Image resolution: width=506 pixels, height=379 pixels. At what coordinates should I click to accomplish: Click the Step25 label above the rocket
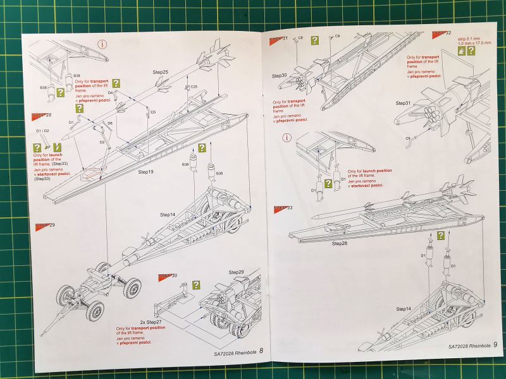click(x=160, y=73)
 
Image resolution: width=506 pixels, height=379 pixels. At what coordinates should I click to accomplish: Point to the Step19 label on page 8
click(x=146, y=171)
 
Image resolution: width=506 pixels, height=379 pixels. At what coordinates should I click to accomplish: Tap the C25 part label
click(x=194, y=87)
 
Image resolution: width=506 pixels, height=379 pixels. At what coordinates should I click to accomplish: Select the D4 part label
click(x=110, y=93)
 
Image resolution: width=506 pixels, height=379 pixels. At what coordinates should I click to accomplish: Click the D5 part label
click(x=153, y=112)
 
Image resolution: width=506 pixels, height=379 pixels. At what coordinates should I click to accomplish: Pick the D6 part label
click(x=110, y=123)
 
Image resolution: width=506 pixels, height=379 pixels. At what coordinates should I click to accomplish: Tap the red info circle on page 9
click(x=288, y=138)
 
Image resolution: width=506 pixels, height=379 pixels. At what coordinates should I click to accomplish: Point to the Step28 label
click(x=340, y=243)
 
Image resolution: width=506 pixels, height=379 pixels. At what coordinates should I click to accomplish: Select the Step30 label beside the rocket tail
click(x=280, y=76)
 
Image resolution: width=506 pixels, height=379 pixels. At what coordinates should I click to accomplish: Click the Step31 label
click(x=403, y=103)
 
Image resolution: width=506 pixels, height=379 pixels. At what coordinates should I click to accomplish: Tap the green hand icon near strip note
click(x=461, y=51)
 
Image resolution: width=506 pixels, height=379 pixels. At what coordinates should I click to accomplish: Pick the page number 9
click(x=495, y=345)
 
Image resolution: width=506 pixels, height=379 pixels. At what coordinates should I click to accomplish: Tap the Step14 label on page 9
click(x=404, y=309)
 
